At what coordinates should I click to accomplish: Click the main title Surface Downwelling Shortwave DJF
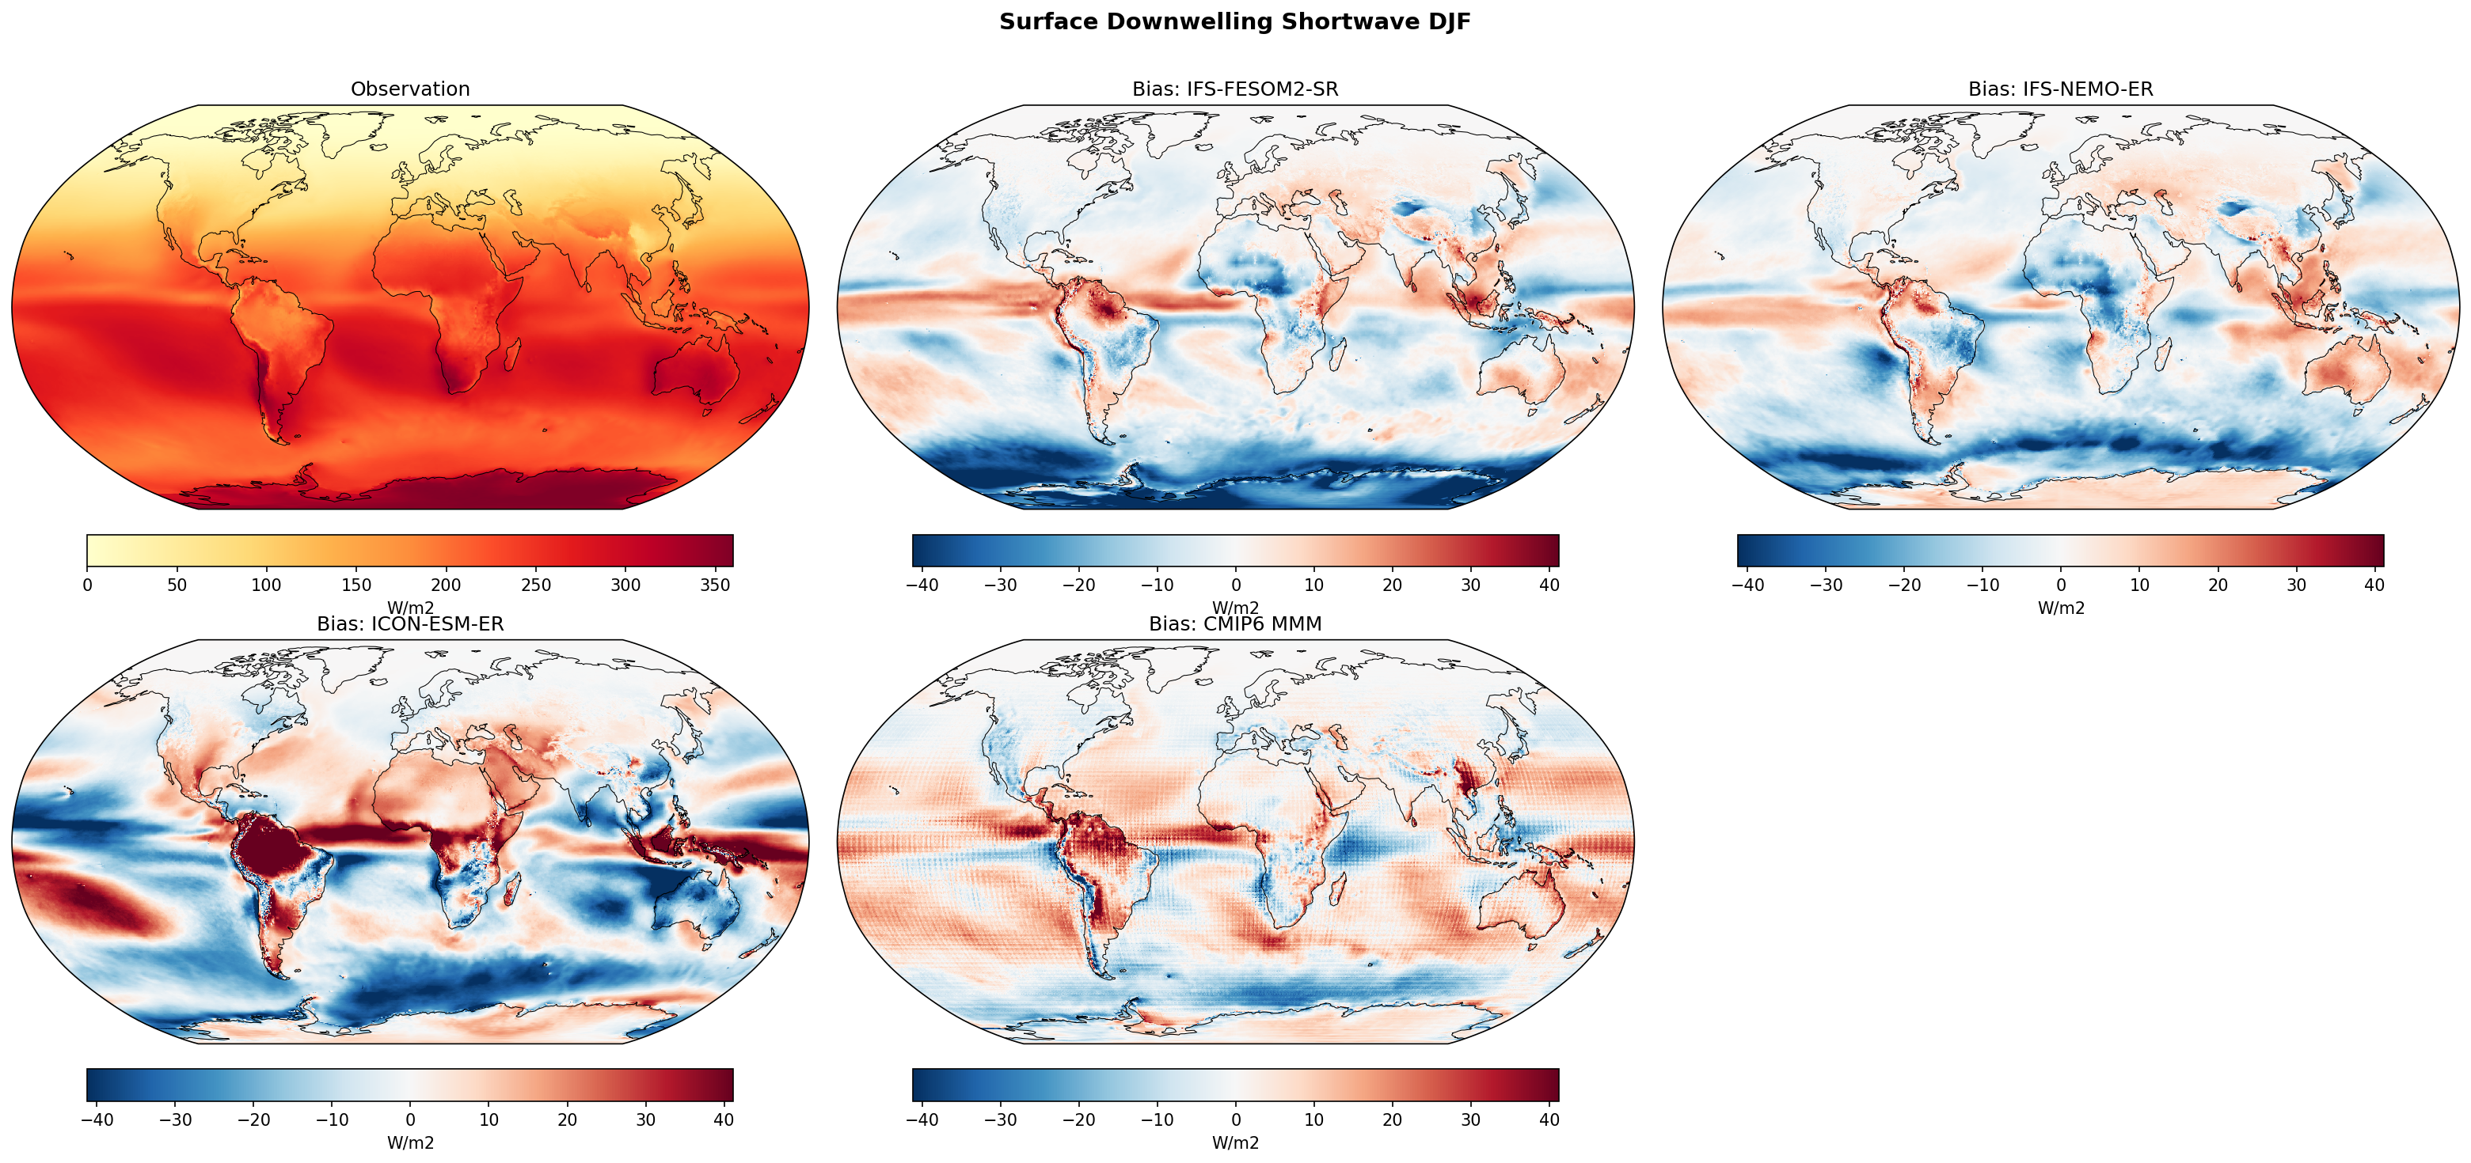[1234, 22]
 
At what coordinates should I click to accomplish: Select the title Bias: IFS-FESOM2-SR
[1234, 89]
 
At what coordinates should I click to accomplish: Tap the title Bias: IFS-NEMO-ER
[2060, 89]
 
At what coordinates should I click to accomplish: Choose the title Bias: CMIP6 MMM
[1234, 624]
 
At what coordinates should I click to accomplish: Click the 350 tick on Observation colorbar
[716, 585]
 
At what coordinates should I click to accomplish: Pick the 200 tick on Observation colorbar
[446, 585]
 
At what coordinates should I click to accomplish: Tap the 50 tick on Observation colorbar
[177, 585]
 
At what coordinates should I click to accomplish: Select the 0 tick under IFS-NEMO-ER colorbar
[2060, 585]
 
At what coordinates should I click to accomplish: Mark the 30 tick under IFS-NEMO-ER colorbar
[2295, 585]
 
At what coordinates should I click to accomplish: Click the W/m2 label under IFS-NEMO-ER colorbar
[2060, 608]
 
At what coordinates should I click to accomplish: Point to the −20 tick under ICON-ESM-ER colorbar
[253, 1119]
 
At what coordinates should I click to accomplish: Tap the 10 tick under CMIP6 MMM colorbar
[1313, 1119]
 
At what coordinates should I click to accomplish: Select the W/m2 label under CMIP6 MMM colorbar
[1234, 1143]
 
